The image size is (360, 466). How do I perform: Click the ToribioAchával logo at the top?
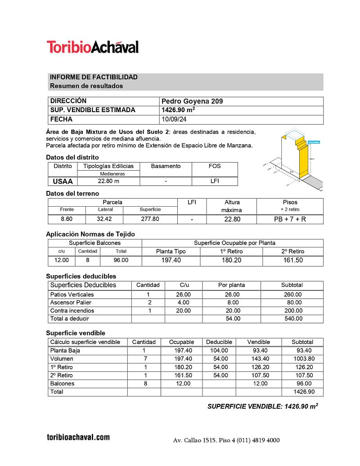click(93, 47)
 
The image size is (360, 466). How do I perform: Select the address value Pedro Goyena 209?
click(192, 101)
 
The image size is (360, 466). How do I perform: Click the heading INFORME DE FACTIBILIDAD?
click(94, 77)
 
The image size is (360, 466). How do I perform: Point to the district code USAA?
click(63, 181)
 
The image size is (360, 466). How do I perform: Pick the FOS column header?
click(215, 166)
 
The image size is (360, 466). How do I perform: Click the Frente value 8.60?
click(67, 219)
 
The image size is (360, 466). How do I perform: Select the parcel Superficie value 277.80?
click(150, 219)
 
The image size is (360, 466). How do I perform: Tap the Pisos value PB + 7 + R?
click(290, 219)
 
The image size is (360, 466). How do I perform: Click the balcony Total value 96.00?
click(121, 260)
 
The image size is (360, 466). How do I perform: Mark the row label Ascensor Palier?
click(71, 303)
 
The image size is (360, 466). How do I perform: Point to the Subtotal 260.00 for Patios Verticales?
click(292, 294)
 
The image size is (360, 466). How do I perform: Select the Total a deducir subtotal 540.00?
click(292, 319)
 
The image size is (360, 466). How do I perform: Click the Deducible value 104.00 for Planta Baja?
click(219, 350)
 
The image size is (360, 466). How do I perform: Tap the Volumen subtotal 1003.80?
click(302, 359)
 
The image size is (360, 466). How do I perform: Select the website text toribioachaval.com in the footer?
click(78, 437)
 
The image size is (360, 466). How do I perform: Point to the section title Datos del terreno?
click(72, 194)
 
